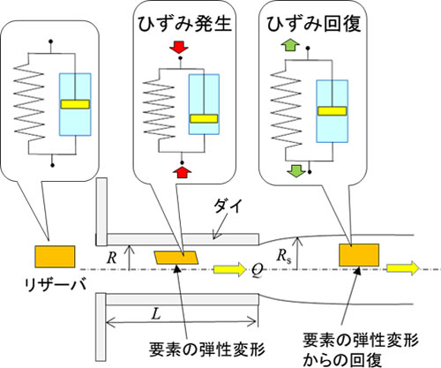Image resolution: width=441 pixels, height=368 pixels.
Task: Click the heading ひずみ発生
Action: (x=185, y=24)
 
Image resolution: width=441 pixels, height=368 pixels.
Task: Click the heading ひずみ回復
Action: (x=314, y=24)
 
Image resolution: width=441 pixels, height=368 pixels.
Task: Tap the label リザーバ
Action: (x=56, y=284)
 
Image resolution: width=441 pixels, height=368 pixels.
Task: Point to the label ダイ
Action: (x=228, y=206)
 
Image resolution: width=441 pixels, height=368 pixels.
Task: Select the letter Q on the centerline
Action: (x=257, y=270)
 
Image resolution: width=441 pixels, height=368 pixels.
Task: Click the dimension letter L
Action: (x=156, y=314)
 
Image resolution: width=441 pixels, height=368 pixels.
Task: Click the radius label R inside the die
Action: (x=112, y=258)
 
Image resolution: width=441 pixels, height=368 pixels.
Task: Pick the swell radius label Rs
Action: (x=283, y=256)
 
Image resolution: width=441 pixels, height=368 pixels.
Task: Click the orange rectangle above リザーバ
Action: (x=55, y=257)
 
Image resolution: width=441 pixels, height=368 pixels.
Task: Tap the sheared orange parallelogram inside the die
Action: (x=176, y=258)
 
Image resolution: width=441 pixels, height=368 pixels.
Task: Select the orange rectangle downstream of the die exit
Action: (x=359, y=255)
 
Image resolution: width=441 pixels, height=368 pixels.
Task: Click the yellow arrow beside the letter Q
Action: (x=230, y=269)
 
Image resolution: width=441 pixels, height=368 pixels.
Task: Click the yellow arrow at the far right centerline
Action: (x=402, y=268)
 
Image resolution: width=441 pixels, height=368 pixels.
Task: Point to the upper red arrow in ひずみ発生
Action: (x=180, y=48)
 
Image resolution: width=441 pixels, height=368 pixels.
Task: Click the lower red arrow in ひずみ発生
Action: (x=183, y=172)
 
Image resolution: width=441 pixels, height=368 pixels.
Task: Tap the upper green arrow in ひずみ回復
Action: (x=290, y=47)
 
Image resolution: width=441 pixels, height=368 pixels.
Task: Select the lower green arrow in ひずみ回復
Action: (x=296, y=171)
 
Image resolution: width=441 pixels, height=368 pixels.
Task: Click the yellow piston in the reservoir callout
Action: (x=75, y=104)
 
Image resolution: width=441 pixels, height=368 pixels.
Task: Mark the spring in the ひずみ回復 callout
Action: (x=286, y=109)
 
